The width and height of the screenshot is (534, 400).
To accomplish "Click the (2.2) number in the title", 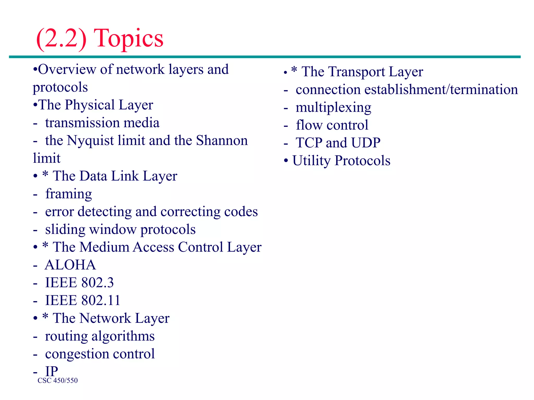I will coord(62,39).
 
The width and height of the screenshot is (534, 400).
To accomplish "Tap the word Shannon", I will coord(222,141).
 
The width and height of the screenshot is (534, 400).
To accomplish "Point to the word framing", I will coord(69,194).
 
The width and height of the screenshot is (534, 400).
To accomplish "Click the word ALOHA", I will coord(70,265).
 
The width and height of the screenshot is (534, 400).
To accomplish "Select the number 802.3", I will coord(97,283).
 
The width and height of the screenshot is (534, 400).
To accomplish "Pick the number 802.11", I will coord(100,301).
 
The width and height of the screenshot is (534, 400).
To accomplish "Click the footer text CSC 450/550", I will coord(58,380).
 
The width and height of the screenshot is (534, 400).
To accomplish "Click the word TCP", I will coord(309,143).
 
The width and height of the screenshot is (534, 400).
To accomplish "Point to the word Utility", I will coord(311,161).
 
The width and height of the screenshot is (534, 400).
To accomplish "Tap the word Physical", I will coord(90,105).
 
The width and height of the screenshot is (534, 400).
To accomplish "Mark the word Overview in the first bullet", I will coord(67,70).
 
